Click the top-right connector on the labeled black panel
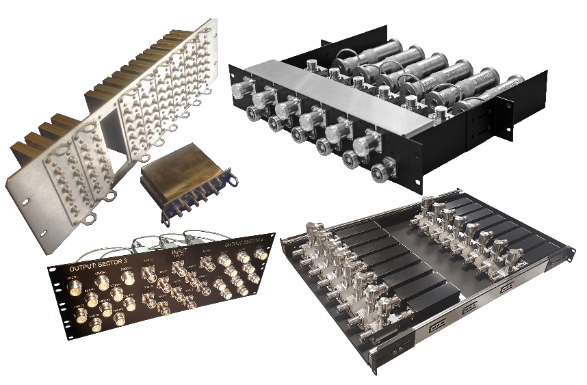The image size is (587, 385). (x=259, y=255)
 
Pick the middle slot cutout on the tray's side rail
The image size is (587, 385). (x=468, y=308)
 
